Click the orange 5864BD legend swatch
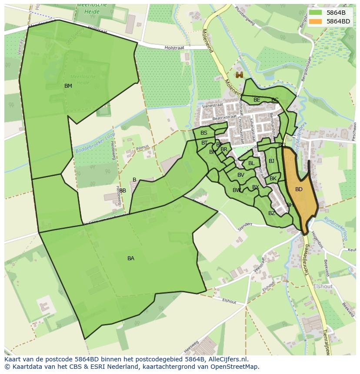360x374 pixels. [317, 21]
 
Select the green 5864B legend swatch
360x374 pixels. [317, 13]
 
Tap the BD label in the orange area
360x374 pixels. [299, 189]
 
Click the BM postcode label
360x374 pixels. [68, 86]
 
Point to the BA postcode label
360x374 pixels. [131, 258]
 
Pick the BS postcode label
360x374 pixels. [204, 133]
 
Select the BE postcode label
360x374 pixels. [257, 100]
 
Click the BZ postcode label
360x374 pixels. [272, 213]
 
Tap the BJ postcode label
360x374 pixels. [272, 161]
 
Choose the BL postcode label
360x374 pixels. [251, 163]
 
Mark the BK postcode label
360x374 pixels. [273, 179]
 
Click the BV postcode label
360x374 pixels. [241, 175]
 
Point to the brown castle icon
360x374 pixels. [239, 75]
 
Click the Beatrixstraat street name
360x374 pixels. [224, 117]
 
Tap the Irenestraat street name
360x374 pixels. [213, 106]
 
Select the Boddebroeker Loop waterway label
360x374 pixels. [94, 144]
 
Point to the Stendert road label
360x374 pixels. [245, 226]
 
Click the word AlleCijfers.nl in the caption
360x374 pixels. [226, 359]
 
